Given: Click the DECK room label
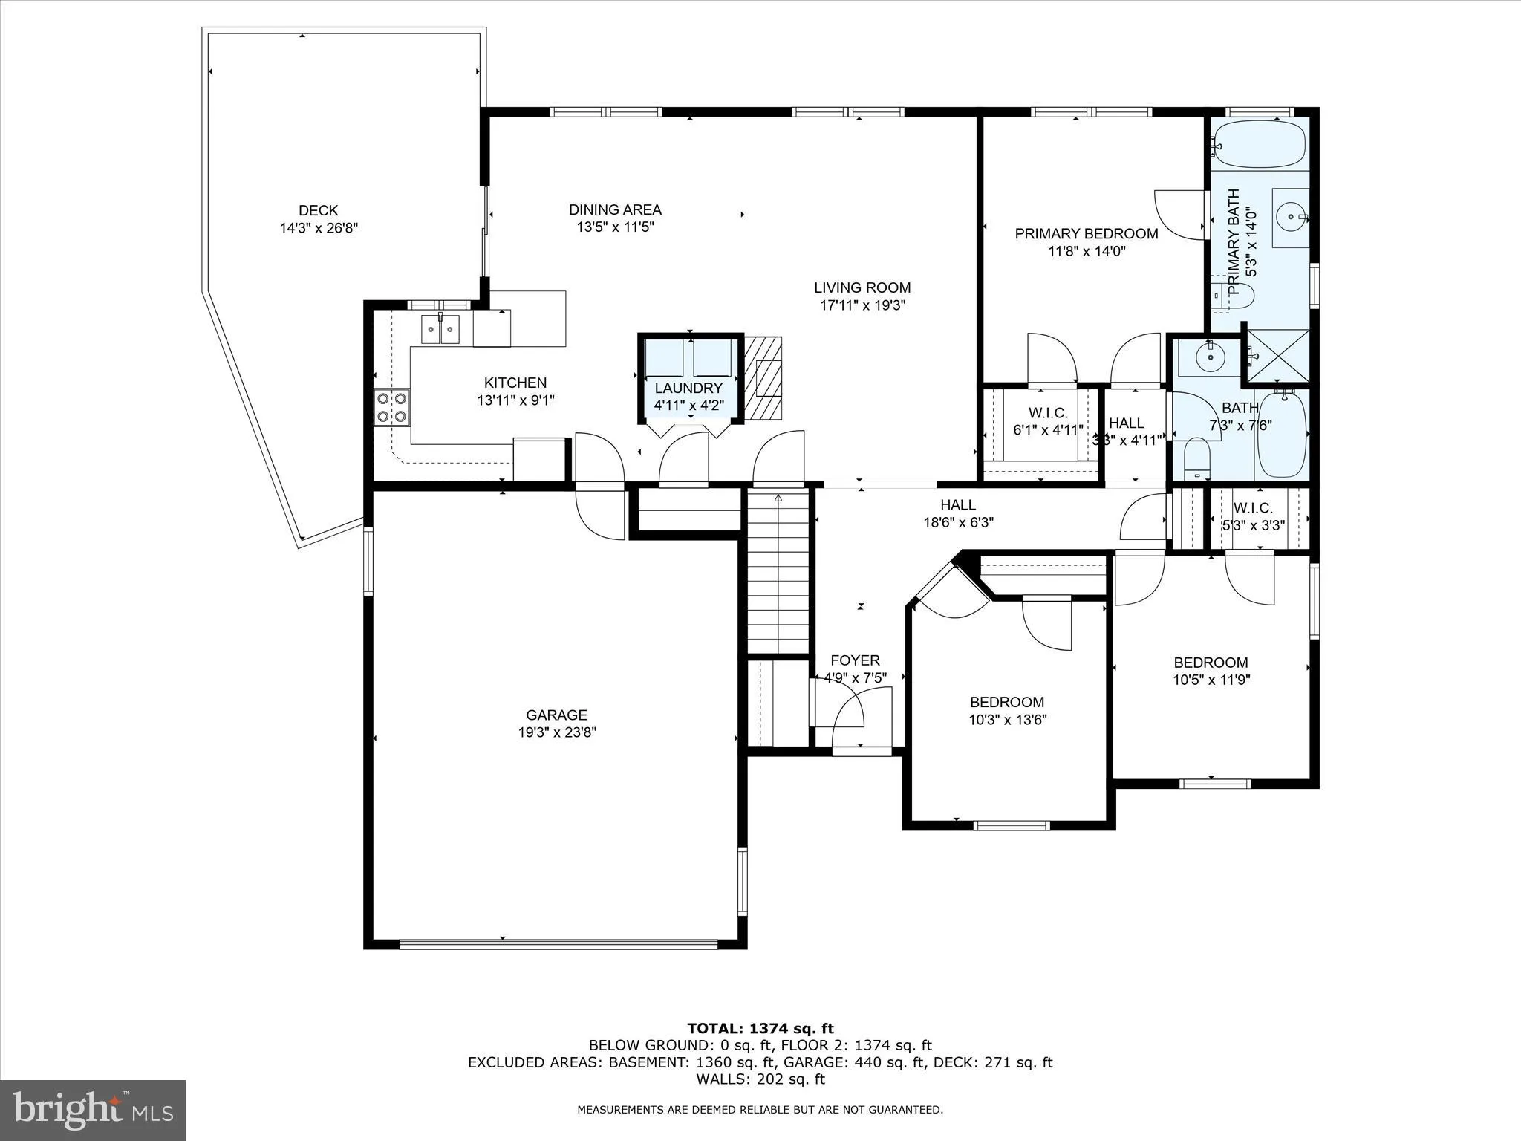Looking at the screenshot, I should pos(318,211).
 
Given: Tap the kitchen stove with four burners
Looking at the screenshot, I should pos(391,407).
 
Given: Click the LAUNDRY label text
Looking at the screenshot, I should pos(688,389).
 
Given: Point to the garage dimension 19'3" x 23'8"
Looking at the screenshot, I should pos(557,732).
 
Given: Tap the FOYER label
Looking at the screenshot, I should pos(855,660).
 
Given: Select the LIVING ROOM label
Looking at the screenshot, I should pos(862,287).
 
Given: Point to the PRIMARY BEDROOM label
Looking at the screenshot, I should pos(1086,234).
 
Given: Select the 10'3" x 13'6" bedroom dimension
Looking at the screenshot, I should pos(1007,720).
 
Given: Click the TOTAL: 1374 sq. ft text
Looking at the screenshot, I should pos(760,1029).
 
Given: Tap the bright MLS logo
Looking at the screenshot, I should pos(93,1110).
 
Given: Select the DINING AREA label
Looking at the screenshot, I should pos(615,210).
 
